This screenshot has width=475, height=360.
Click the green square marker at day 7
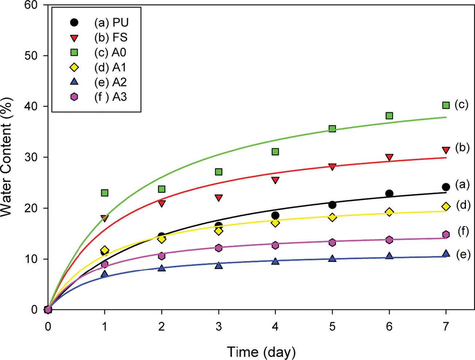[x=446, y=105]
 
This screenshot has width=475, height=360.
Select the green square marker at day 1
[x=105, y=193]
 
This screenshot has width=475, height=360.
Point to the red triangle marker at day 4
[x=275, y=180]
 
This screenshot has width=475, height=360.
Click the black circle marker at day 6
[x=389, y=193]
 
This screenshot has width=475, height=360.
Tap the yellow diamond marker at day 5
[x=332, y=217]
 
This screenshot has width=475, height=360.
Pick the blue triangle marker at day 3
[x=219, y=265]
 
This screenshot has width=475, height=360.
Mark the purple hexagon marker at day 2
[x=162, y=256]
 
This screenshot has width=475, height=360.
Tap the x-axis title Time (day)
[x=261, y=352]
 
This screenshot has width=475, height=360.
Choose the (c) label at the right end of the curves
[x=462, y=105]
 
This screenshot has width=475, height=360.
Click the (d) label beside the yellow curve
[x=463, y=206]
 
